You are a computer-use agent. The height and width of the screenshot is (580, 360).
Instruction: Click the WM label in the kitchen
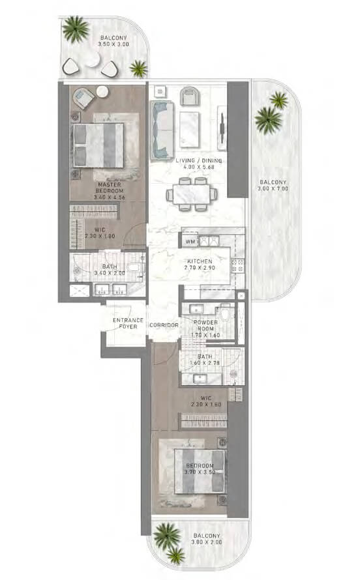click(190, 242)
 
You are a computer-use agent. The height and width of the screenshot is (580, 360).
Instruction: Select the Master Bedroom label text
click(110, 188)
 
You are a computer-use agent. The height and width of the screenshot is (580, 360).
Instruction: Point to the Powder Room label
click(205, 325)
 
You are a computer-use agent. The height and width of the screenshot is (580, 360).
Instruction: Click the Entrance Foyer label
click(128, 323)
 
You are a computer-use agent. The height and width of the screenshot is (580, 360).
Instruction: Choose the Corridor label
click(164, 325)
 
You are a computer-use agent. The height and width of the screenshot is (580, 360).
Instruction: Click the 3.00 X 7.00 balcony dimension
click(273, 188)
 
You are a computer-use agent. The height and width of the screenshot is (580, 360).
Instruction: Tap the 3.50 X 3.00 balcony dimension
click(113, 44)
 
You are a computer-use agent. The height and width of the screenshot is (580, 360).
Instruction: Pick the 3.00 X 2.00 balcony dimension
click(207, 542)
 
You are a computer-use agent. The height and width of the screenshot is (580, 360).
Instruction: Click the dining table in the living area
click(191, 194)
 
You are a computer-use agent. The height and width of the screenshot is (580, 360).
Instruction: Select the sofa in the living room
click(162, 129)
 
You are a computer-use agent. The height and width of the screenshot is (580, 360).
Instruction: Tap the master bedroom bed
click(98, 145)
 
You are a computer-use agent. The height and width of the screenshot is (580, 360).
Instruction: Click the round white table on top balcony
click(91, 59)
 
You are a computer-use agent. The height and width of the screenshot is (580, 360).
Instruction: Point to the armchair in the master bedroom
click(84, 97)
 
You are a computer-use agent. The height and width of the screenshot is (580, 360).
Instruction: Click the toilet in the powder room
click(224, 314)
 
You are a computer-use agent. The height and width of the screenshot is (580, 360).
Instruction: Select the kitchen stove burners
click(237, 266)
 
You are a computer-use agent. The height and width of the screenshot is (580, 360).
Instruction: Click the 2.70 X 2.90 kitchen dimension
click(200, 267)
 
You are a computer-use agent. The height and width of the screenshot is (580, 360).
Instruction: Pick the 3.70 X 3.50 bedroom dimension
click(200, 472)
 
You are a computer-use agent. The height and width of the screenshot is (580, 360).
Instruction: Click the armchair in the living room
click(189, 96)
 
